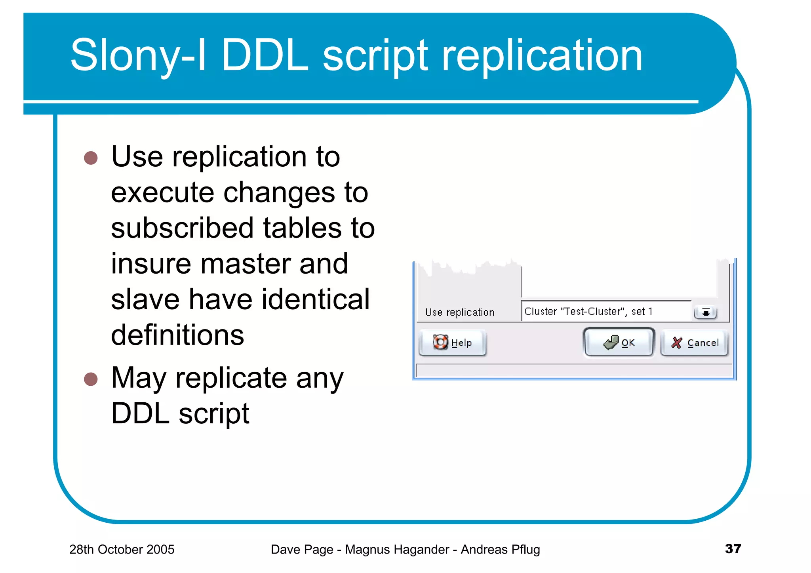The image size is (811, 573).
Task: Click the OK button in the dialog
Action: click(619, 343)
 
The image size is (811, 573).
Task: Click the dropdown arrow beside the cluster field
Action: click(705, 312)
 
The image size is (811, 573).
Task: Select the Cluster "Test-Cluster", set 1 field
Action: click(606, 312)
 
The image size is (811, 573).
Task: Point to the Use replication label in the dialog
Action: click(460, 312)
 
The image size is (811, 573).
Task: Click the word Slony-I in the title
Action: click(138, 55)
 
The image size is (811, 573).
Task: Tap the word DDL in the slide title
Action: click(265, 55)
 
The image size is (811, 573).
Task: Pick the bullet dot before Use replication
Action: click(91, 158)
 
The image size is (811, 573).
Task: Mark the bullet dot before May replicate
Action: click(91, 379)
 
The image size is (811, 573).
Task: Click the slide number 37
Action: click(733, 549)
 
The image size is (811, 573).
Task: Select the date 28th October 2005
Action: click(122, 550)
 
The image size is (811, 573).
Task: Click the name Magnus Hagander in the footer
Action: click(397, 550)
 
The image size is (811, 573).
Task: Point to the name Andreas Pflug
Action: click(500, 550)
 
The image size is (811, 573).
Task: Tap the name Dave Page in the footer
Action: click(302, 550)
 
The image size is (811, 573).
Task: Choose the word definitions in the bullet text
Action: click(177, 335)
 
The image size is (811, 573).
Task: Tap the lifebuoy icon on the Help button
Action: click(440, 342)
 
